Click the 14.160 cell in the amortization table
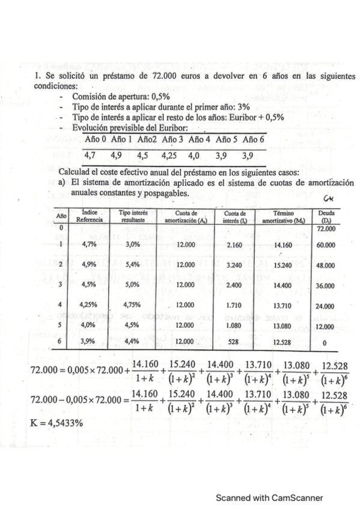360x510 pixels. coord(282,245)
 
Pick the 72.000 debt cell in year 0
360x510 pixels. coord(327,230)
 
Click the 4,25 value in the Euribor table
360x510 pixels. coord(172,154)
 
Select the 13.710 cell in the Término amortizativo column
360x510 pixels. coord(282,304)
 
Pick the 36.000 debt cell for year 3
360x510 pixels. coord(327,286)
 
